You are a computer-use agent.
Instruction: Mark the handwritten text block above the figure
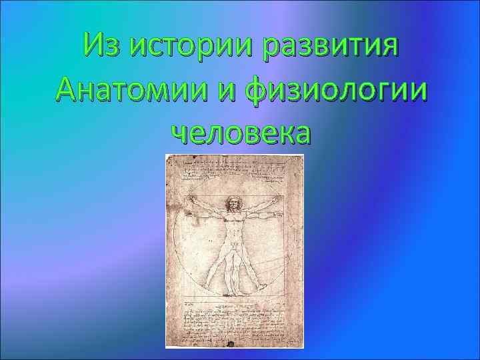235,171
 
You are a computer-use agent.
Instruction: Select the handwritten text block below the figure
235,320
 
